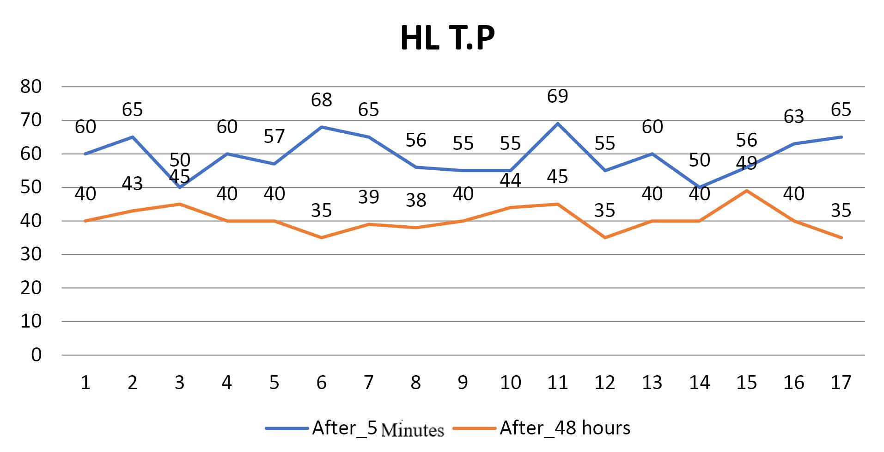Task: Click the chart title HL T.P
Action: click(447, 38)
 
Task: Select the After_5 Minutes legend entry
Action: click(355, 428)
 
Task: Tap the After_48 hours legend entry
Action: click(542, 428)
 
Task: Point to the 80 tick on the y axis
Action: click(31, 87)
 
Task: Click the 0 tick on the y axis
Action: click(36, 355)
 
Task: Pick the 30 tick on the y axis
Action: click(31, 254)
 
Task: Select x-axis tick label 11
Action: click(557, 382)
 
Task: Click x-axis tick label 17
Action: click(841, 382)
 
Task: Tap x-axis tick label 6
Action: click(321, 382)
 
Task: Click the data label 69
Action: click(557, 96)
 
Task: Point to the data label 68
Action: click(321, 99)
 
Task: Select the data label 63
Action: click(793, 116)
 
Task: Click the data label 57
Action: click(274, 136)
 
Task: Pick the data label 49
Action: click(746, 163)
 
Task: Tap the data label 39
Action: click(368, 197)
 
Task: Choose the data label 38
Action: click(415, 200)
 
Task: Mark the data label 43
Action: click(132, 183)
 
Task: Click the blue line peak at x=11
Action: click(557, 124)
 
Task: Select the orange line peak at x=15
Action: click(746, 191)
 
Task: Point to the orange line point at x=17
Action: click(841, 238)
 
